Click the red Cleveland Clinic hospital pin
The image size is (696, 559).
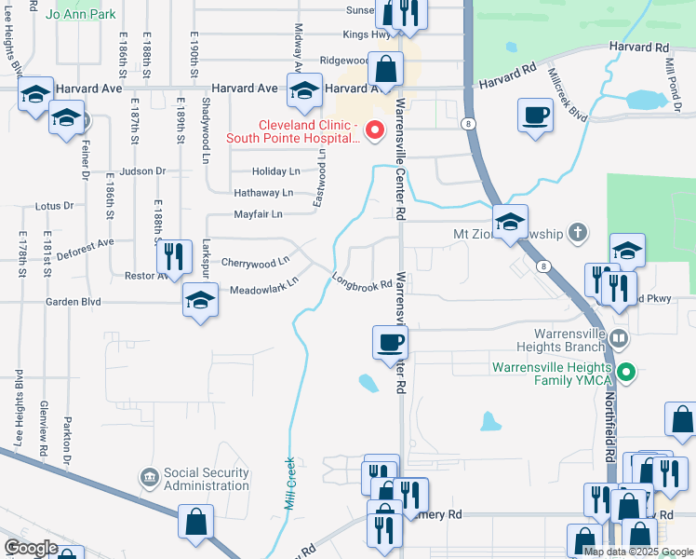pyautogui.click(x=375, y=130)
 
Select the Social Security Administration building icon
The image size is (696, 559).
pyautogui.click(x=149, y=479)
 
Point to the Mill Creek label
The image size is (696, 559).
pyautogui.click(x=288, y=483)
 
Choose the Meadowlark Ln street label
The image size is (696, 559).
pyautogui.click(x=264, y=284)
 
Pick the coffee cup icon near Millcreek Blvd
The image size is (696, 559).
pyautogui.click(x=535, y=116)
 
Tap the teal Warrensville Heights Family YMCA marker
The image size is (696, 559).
pyautogui.click(x=626, y=374)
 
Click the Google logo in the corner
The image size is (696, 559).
pyautogui.click(x=30, y=548)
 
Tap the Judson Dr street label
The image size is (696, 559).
pyautogui.click(x=142, y=171)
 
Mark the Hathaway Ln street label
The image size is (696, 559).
pyautogui.click(x=261, y=193)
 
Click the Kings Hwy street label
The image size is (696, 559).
pyautogui.click(x=367, y=34)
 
